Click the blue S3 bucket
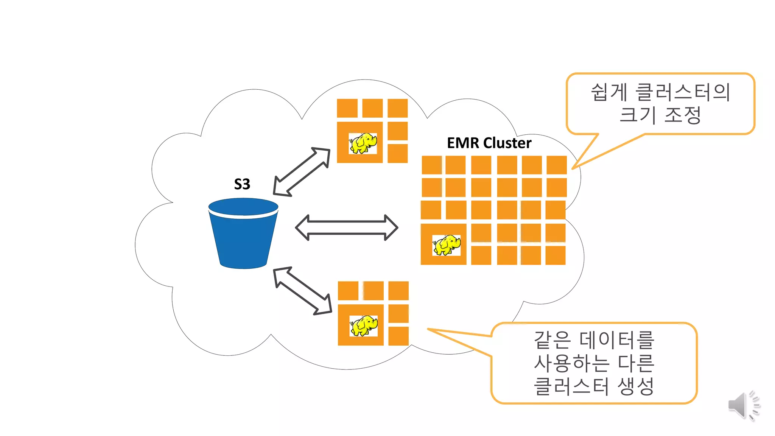(243, 235)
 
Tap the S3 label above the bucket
(242, 184)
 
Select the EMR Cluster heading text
(489, 143)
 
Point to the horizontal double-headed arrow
(346, 227)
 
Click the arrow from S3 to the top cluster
(302, 172)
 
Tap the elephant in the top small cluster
(363, 143)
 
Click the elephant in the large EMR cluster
(447, 245)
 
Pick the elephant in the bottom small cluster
(364, 325)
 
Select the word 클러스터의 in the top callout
(683, 92)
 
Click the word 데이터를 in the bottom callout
(617, 340)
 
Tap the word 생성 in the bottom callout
(636, 386)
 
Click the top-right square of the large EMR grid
(557, 165)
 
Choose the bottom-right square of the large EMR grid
(556, 255)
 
